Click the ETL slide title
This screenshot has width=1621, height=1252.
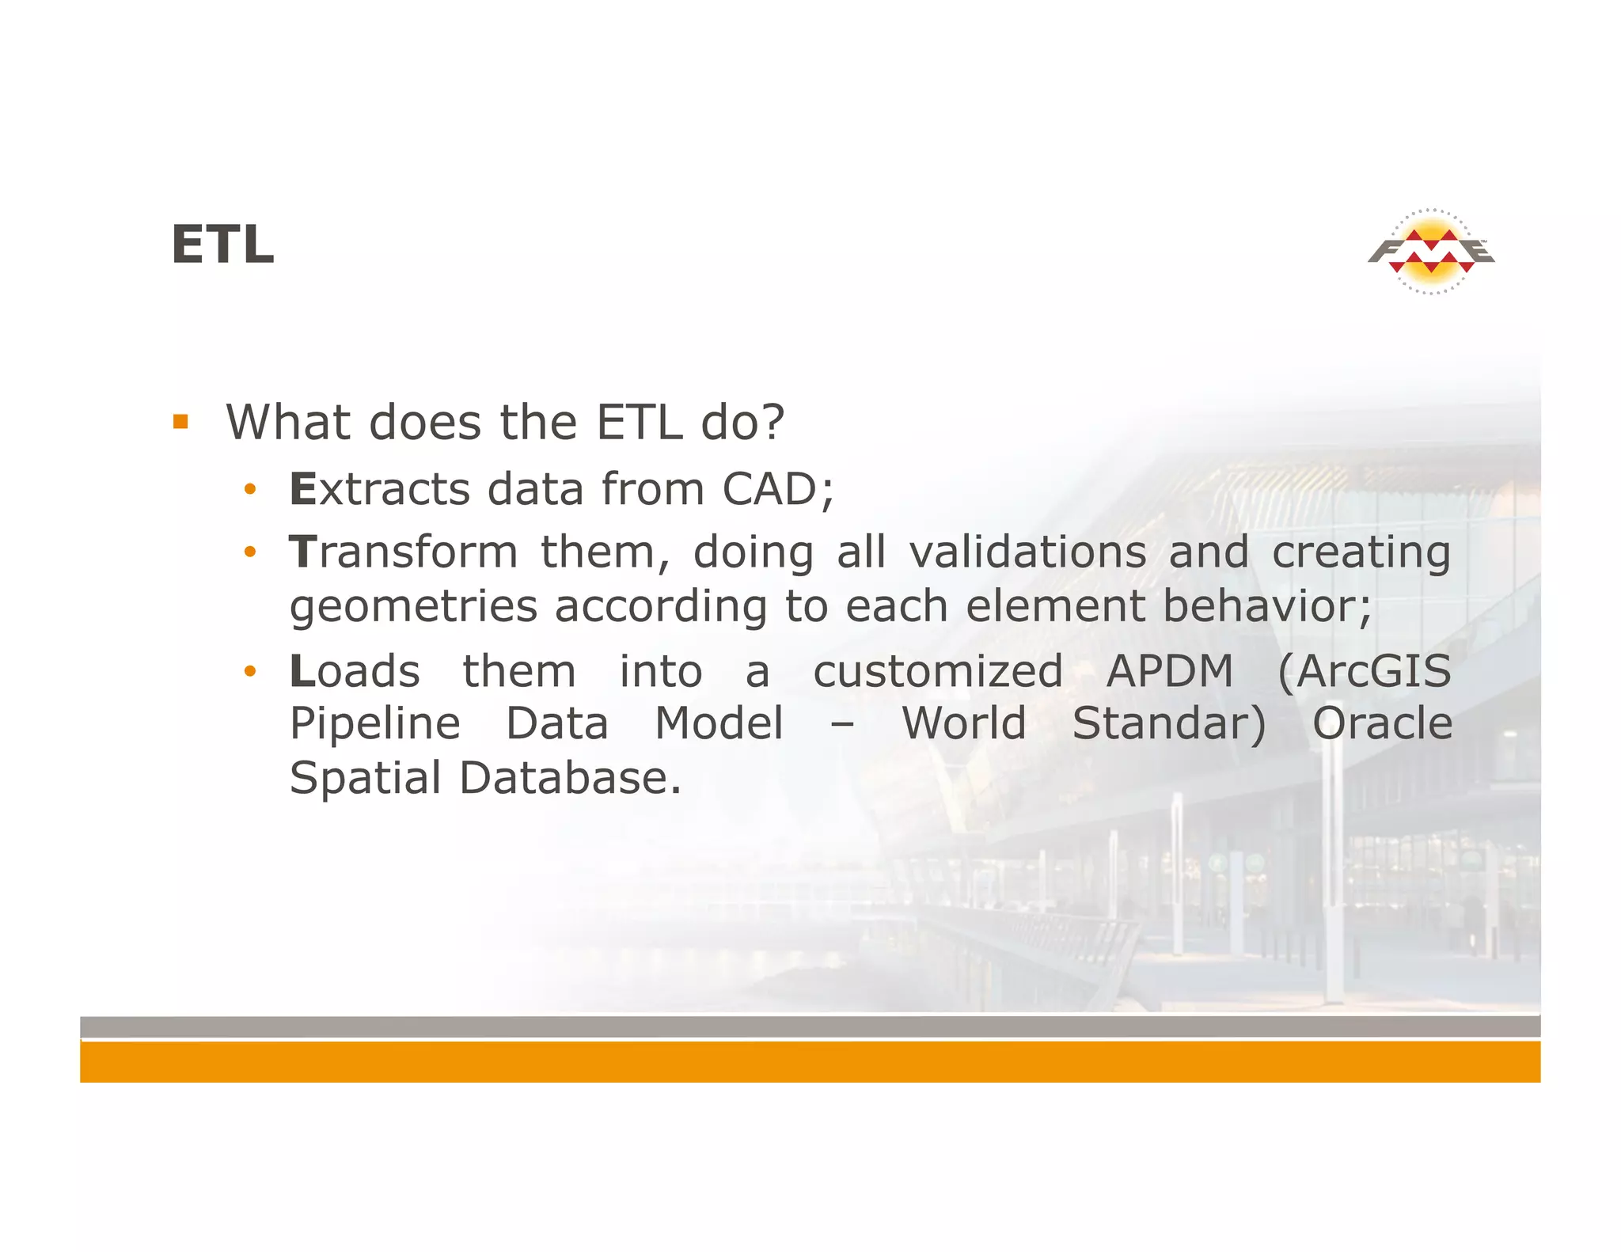point(222,245)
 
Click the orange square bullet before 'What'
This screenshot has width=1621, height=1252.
point(180,422)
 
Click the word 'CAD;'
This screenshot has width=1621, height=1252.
point(778,489)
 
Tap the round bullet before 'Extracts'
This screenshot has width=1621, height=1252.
point(250,490)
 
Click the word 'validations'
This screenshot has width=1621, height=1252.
point(1027,552)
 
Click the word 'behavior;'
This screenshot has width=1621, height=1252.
point(1267,606)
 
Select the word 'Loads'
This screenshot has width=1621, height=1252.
point(355,672)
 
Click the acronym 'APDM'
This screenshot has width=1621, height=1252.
point(1169,672)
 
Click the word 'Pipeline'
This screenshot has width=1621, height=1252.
point(375,725)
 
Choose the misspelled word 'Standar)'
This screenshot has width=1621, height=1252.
point(1169,724)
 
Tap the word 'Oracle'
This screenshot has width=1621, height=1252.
point(1382,724)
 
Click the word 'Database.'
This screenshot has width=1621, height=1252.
point(570,778)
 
